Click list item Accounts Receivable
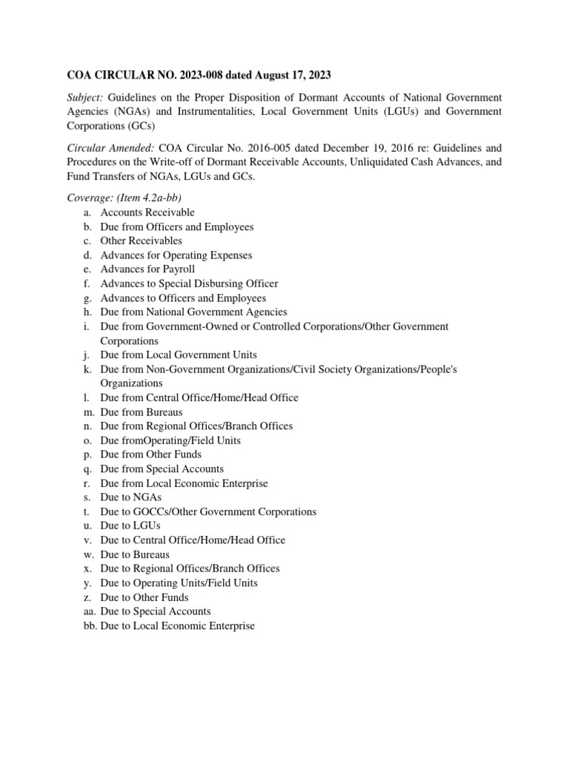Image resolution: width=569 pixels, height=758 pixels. (147, 212)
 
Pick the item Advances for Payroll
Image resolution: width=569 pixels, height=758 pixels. (147, 269)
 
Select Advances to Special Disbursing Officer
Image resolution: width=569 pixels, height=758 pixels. (189, 284)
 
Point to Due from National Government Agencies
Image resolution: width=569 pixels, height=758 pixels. (193, 312)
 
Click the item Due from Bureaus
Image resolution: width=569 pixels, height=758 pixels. (142, 412)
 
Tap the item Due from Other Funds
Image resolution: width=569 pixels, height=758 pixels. (150, 455)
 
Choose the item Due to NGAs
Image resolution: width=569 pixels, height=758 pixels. (130, 497)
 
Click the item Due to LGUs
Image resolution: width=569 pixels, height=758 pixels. (130, 526)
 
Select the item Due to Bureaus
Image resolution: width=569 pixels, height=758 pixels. (135, 554)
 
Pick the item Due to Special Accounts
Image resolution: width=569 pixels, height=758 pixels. (156, 611)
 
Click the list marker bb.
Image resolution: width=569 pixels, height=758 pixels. (90, 625)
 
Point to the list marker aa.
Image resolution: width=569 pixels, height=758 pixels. (90, 611)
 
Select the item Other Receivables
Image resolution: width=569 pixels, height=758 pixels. (141, 241)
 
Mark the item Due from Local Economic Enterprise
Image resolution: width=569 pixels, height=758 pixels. (184, 483)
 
